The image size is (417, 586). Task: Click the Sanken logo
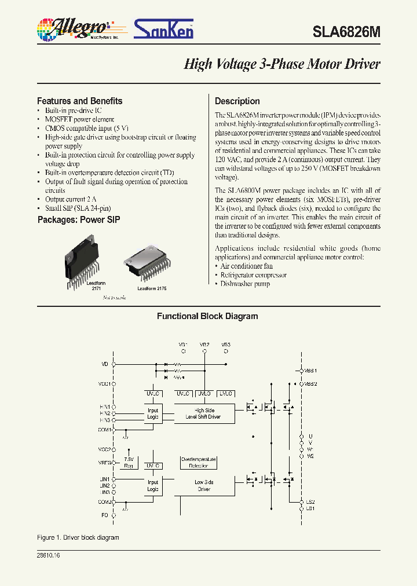click(164, 28)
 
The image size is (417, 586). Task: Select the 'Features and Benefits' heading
click(79, 101)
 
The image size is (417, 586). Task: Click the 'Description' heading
click(237, 101)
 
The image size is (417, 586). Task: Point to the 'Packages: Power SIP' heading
click(79, 220)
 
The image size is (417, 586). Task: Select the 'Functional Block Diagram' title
click(207, 316)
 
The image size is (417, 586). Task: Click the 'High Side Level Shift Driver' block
click(203, 413)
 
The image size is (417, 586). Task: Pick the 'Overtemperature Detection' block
click(199, 462)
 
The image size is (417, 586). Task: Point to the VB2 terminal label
click(204, 344)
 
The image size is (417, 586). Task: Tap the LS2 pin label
click(310, 501)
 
